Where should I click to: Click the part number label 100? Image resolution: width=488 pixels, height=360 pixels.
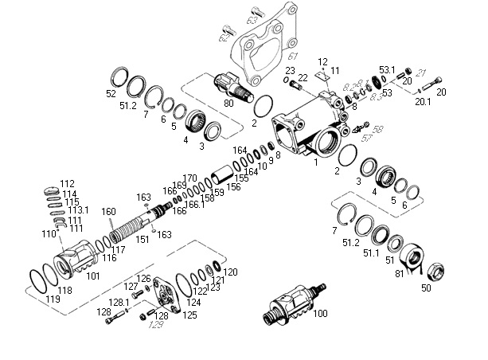point(321,314)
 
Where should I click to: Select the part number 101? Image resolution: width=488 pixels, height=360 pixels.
point(93,276)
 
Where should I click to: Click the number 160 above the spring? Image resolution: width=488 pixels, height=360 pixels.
point(109,211)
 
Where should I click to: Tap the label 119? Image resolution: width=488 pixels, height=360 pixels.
point(53,299)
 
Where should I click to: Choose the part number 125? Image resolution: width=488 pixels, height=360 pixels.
point(190,315)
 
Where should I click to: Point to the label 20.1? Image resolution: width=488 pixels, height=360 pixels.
point(422,101)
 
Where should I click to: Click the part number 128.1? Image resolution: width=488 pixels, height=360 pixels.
point(119,303)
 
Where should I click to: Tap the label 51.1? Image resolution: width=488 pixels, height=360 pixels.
point(371,252)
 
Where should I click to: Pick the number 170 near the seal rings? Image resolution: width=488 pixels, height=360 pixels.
point(189,178)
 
